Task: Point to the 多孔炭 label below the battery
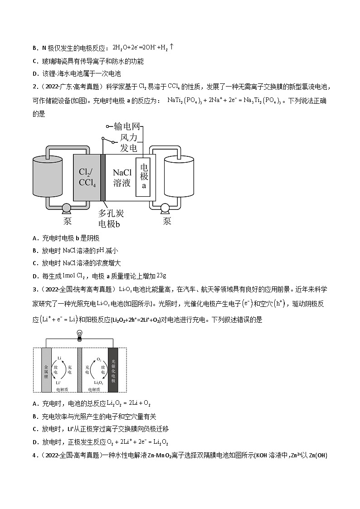coord(111,213)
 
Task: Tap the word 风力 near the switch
coord(129,137)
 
